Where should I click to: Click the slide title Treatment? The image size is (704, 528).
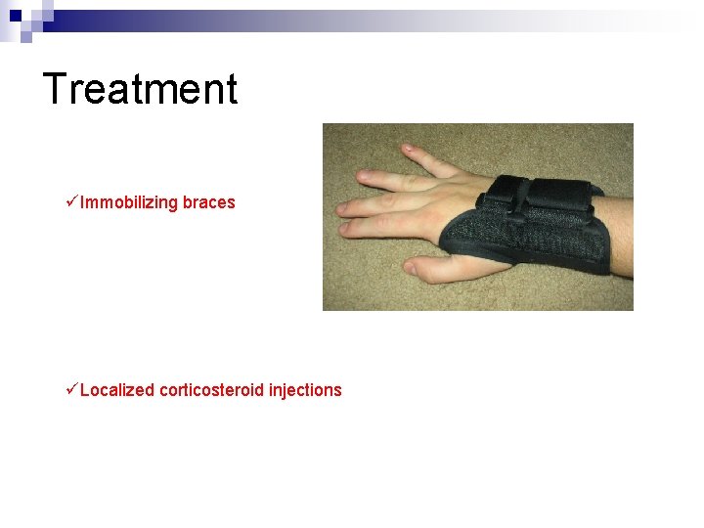140,89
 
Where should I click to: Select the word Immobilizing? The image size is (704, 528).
129,203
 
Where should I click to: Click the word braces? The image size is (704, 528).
209,202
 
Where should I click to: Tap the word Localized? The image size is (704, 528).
117,390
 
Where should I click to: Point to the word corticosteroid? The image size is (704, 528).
211,390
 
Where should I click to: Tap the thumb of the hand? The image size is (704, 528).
430,267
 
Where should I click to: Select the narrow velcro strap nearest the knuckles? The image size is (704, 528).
505,192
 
